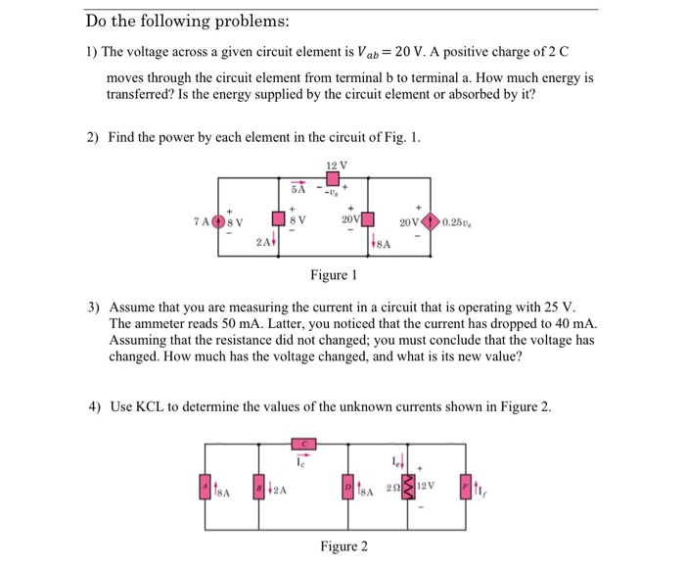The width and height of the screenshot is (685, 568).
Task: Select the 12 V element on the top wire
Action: point(333,179)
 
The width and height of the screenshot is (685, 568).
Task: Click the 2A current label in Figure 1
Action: point(264,241)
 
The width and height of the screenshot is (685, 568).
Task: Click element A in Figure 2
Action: point(205,486)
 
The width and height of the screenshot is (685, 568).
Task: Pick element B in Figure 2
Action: point(258,486)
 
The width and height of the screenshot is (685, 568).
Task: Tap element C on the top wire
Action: point(304,446)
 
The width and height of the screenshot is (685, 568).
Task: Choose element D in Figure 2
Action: point(347,486)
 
